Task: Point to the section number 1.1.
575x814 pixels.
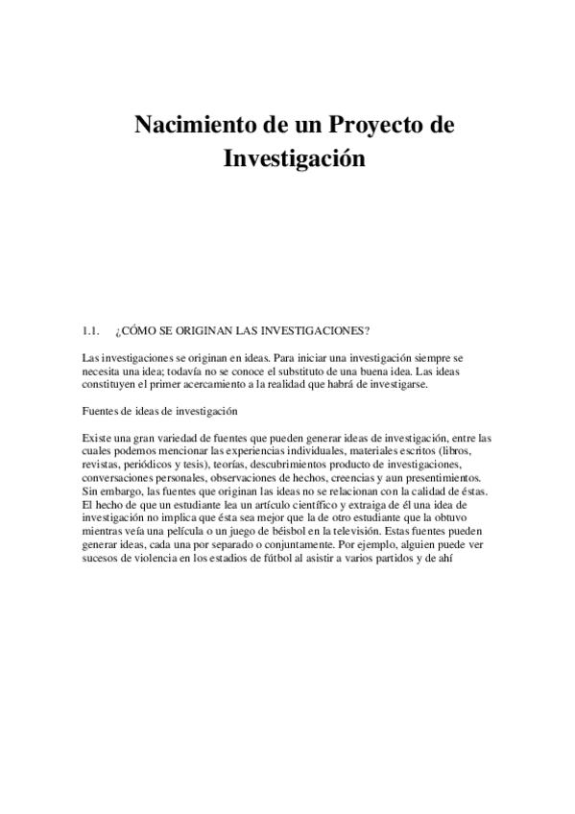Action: click(x=92, y=332)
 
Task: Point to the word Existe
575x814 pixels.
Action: click(x=99, y=439)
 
